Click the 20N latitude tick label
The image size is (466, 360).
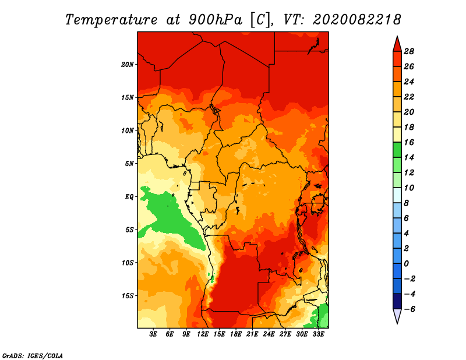point(128,64)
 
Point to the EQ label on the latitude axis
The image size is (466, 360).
point(129,196)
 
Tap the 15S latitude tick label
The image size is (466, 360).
point(128,295)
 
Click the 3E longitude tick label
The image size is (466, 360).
point(154,334)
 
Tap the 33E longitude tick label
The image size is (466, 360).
point(319,334)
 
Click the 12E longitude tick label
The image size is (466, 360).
point(203,334)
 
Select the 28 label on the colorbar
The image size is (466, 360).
point(408,51)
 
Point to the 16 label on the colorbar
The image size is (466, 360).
point(408,142)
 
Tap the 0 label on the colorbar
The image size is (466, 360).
point(407,264)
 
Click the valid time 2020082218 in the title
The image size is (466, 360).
point(356,19)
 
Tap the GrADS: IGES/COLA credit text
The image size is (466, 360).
point(32,355)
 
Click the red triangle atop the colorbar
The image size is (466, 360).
point(397,44)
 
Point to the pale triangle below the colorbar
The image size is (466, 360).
point(397,316)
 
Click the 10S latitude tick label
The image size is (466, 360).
point(128,263)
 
